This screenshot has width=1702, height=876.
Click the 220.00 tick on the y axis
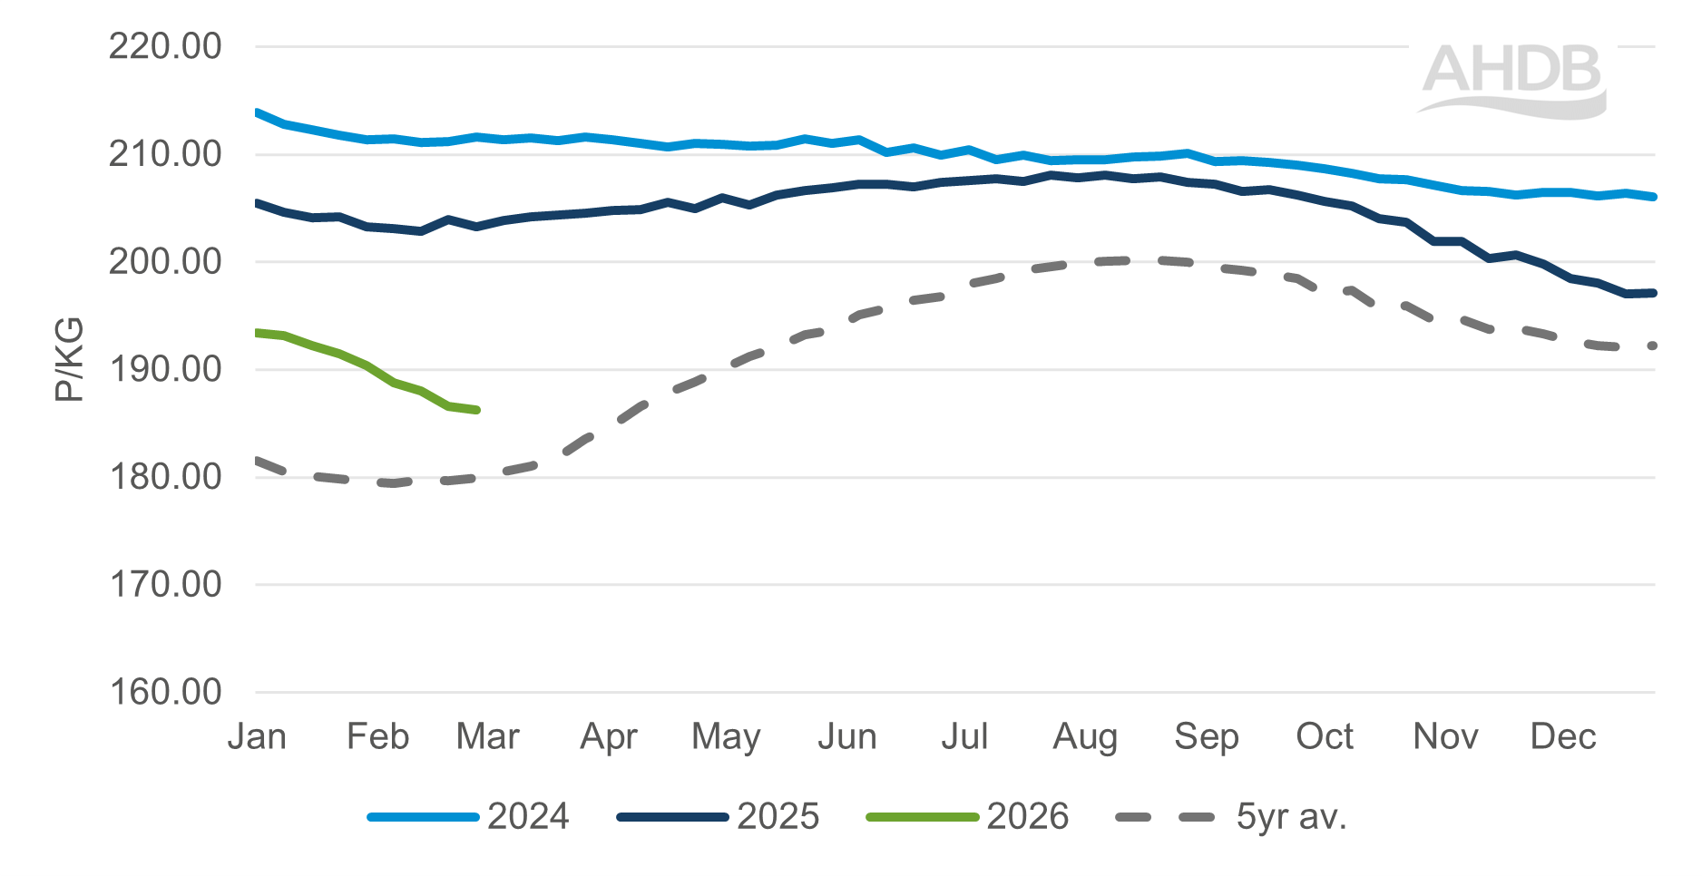tap(165, 46)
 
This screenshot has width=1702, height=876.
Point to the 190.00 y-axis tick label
tap(165, 369)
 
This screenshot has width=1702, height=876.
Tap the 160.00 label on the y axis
tap(165, 692)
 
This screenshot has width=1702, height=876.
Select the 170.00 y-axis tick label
tap(165, 584)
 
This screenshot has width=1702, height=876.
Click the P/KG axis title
tap(69, 360)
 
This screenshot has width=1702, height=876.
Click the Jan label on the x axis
tap(257, 736)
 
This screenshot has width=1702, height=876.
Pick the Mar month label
tap(487, 736)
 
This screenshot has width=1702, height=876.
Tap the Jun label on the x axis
tap(846, 736)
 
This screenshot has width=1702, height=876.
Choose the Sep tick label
tap(1206, 736)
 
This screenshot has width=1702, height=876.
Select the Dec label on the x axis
tap(1562, 736)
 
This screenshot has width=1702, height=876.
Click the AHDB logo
tap(1512, 79)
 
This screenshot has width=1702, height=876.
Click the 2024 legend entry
tap(527, 817)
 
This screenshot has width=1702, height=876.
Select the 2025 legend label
tap(778, 817)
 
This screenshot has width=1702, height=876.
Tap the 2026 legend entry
tap(1027, 817)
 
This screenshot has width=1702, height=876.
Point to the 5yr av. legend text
tap(1291, 817)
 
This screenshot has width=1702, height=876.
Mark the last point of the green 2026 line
tap(477, 410)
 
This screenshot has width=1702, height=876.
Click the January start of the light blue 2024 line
tap(258, 112)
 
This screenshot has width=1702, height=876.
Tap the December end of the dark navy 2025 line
tap(1654, 293)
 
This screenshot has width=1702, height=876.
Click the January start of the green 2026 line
tap(258, 333)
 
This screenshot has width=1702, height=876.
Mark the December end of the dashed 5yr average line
tap(1653, 346)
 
